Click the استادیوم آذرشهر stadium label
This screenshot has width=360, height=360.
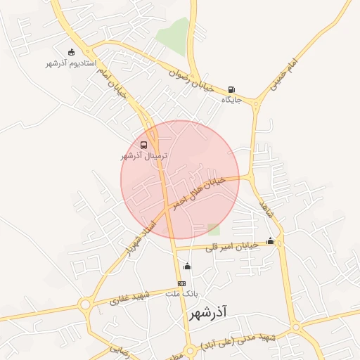70,64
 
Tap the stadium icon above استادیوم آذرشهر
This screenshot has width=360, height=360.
70,52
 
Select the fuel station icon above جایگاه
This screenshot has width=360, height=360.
231,90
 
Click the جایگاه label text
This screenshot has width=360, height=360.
231,101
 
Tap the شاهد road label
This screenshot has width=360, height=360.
265,207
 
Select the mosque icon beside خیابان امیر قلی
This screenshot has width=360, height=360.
271,242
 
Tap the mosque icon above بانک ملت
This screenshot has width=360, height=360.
186,266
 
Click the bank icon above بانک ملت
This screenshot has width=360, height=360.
182,283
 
